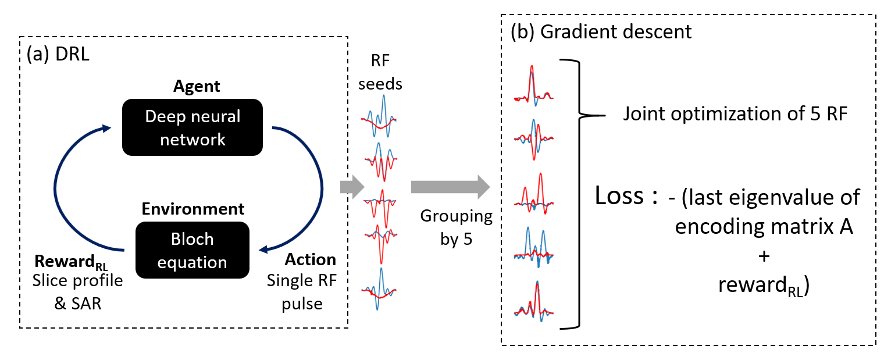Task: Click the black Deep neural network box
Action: [193, 128]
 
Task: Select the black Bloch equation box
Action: [193, 251]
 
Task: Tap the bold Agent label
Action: [197, 87]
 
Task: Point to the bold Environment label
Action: [193, 209]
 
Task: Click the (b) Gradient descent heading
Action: [601, 31]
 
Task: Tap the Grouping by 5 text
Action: [457, 228]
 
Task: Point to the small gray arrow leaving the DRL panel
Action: [351, 187]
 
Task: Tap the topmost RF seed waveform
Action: [380, 116]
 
